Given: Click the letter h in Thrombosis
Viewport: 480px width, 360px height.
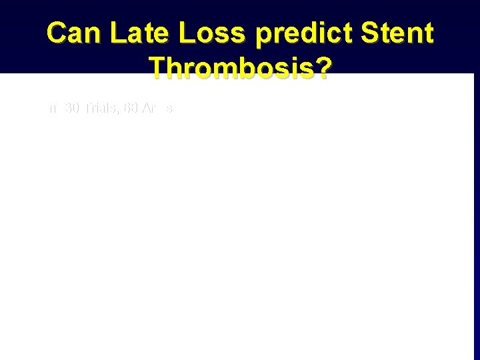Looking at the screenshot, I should [175, 68].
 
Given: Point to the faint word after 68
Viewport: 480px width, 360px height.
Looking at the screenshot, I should [157, 108].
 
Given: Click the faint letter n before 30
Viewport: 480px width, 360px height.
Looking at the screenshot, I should [51, 109].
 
